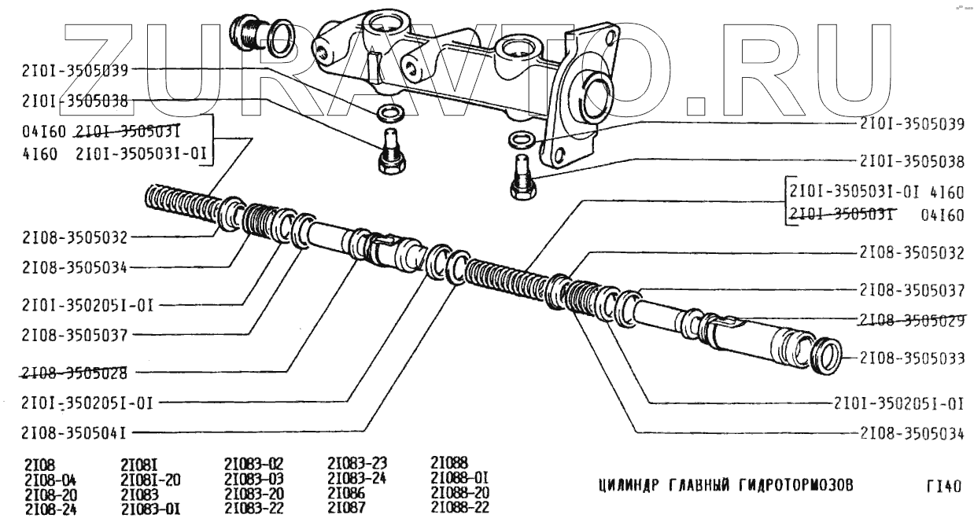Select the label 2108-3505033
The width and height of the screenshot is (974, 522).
(x=912, y=358)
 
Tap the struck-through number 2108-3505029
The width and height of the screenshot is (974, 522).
(x=912, y=320)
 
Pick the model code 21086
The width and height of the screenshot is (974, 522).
(x=345, y=494)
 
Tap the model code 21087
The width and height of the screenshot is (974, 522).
(x=345, y=508)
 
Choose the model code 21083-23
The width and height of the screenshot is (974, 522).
(x=357, y=464)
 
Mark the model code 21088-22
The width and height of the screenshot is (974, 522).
(x=460, y=508)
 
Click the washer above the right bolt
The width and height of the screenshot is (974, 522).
(x=519, y=141)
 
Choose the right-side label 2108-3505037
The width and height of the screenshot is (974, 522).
(x=912, y=289)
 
